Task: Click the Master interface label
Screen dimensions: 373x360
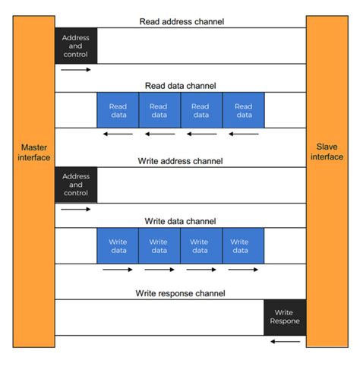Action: pos(34,152)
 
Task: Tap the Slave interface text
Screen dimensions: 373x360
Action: pos(327,152)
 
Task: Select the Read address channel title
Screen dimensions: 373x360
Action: pos(181,21)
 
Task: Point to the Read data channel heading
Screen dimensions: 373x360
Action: pos(181,86)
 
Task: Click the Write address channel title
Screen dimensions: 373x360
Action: pos(181,161)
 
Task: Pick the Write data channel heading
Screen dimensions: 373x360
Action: pos(181,221)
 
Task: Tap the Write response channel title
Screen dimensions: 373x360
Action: pos(181,292)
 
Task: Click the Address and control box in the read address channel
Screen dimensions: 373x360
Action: pos(76,46)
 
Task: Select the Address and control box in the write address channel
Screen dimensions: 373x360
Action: pos(76,185)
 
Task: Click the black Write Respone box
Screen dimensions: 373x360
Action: pos(285,317)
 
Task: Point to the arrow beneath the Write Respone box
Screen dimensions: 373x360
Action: pos(285,341)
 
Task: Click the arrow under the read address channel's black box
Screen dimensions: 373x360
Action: pos(76,70)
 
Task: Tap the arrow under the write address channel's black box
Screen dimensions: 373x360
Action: pos(76,209)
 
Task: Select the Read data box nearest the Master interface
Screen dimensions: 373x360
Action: pos(118,110)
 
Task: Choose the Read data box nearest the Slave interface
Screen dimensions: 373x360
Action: pos(243,110)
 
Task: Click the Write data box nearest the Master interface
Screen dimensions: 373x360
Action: pos(118,245)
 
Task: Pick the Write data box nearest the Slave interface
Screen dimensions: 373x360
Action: pos(243,245)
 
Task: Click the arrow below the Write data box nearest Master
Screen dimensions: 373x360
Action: pos(118,269)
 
